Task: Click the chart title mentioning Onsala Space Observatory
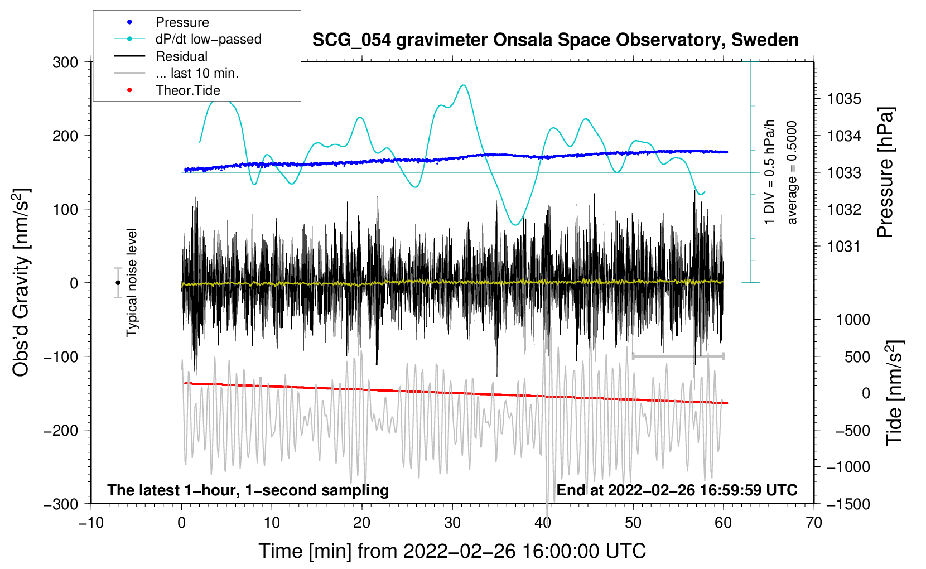point(555,40)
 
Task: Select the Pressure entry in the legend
point(182,22)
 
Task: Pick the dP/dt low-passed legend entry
point(208,40)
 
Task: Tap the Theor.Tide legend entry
point(187,90)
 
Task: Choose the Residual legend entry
point(181,56)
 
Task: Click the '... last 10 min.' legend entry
point(197,74)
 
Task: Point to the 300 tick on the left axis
point(65,62)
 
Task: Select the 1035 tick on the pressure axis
point(844,99)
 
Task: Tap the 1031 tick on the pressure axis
point(844,247)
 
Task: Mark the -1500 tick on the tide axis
point(848,504)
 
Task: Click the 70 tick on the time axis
point(814,523)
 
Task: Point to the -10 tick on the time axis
point(91,523)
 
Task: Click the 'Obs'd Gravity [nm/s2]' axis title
point(21,283)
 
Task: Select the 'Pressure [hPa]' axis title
point(886,173)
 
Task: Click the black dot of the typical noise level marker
point(118,283)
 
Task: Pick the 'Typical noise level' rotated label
point(132,283)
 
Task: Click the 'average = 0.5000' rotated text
point(792,173)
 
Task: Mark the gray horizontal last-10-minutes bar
point(678,356)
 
